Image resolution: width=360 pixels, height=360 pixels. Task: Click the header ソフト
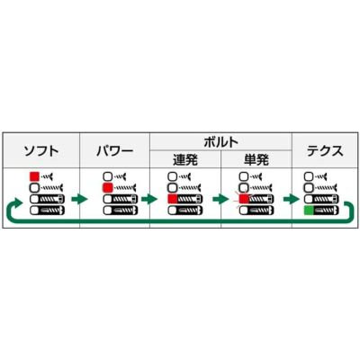click(x=41, y=151)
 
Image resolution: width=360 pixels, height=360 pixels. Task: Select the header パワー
click(x=114, y=151)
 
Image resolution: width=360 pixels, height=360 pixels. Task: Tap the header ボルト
click(x=220, y=142)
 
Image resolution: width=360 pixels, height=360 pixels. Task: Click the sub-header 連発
click(x=185, y=159)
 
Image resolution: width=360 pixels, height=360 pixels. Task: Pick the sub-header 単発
click(x=256, y=159)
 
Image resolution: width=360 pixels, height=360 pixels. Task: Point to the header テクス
click(x=325, y=151)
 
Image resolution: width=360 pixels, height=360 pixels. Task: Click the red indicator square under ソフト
click(x=34, y=176)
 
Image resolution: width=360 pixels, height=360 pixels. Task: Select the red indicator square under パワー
click(x=107, y=188)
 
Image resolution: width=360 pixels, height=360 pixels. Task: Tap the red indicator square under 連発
click(x=173, y=199)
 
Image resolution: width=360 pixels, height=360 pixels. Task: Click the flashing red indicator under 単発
click(x=244, y=199)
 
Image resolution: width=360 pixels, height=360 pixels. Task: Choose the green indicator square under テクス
click(x=309, y=211)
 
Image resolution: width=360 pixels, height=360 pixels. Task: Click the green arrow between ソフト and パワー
click(x=79, y=199)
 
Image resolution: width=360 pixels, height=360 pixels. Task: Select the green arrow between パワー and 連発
click(x=149, y=199)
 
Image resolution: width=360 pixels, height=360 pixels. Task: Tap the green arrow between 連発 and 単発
click(x=220, y=199)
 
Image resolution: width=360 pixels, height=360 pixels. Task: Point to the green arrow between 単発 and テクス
click(x=292, y=199)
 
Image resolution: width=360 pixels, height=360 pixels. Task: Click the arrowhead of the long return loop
click(x=18, y=202)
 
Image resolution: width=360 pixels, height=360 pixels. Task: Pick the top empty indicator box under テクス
click(x=309, y=176)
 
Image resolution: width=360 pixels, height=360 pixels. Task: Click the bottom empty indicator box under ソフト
click(x=34, y=211)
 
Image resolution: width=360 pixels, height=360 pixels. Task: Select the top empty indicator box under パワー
click(x=107, y=176)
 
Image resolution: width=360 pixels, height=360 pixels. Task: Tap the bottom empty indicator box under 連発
click(x=173, y=211)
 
